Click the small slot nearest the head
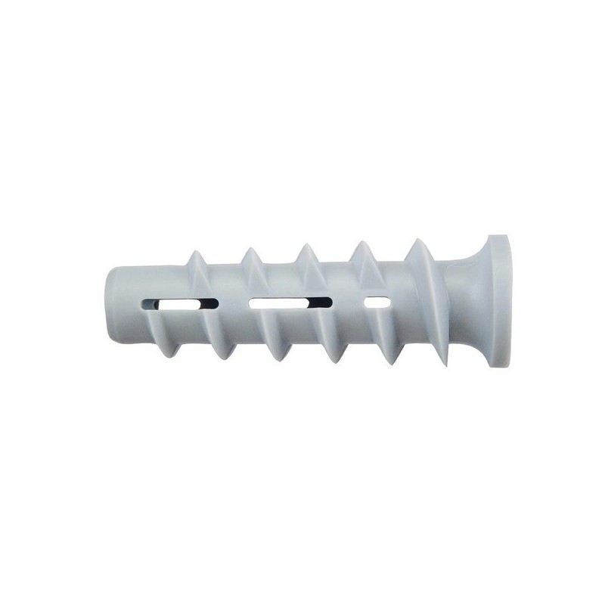pyautogui.click(x=377, y=302)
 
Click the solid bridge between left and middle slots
pyautogui.click(x=233, y=303)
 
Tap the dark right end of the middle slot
pyautogui.click(x=324, y=303)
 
